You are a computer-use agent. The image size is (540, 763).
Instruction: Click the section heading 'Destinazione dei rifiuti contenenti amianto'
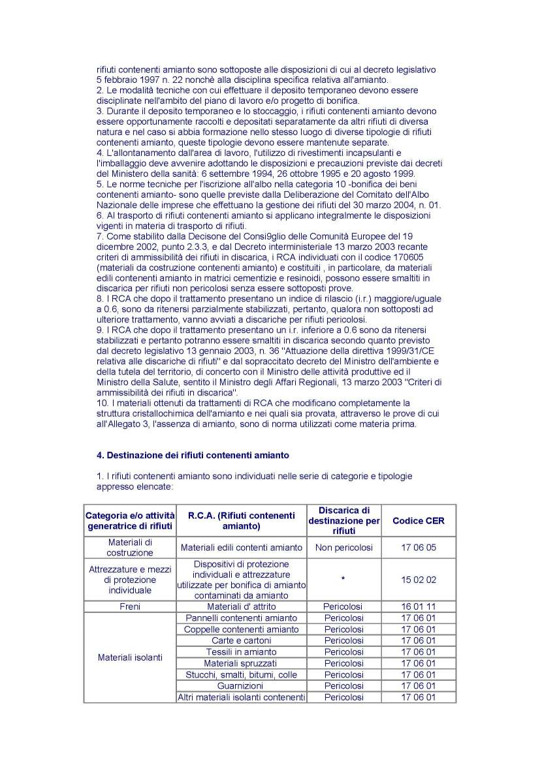pos(193,454)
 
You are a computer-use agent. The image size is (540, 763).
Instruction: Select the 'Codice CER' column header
pos(418,520)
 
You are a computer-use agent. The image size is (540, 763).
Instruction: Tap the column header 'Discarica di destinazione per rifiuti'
pos(343,520)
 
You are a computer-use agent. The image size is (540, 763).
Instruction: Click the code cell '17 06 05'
pos(418,548)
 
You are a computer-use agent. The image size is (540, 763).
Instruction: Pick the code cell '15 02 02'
pos(418,580)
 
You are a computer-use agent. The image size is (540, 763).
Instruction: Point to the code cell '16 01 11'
pos(418,606)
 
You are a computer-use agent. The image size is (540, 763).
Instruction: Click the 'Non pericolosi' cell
pos(343,548)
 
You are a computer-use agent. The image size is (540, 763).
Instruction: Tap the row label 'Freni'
pos(130,606)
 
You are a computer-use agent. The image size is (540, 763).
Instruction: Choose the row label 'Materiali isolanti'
pos(130,657)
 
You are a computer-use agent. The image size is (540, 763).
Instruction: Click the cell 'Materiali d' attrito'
pos(241,606)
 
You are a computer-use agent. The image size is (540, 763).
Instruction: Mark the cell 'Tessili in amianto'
pos(241,651)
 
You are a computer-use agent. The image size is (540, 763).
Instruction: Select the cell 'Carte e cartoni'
pos(241,640)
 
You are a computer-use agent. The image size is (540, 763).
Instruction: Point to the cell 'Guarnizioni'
pos(241,686)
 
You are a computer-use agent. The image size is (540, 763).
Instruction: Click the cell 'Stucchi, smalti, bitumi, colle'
pos(241,674)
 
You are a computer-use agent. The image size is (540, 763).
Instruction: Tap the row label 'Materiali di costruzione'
pos(130,548)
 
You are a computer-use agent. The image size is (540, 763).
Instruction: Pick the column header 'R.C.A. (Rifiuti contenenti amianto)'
pos(241,520)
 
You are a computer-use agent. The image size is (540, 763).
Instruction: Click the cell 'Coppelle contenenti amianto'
pos(241,629)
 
